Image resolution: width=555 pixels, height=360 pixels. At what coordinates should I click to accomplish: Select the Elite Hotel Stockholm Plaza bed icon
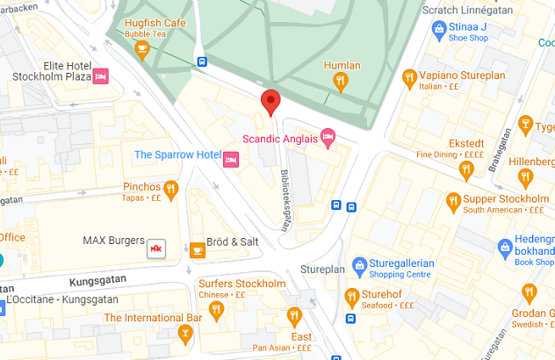pos(101,77)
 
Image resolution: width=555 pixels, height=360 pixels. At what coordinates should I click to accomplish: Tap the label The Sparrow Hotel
pos(177,155)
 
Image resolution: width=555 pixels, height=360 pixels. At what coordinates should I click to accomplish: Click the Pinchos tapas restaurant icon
pos(171,188)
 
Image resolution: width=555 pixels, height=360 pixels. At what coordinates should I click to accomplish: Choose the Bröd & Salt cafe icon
pos(198,249)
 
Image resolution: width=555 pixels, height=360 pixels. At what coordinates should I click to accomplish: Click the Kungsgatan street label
pos(97,280)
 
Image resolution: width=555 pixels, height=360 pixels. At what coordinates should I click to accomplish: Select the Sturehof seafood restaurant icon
pos(351,295)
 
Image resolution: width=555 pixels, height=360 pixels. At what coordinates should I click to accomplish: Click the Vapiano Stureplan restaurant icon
pos(408,76)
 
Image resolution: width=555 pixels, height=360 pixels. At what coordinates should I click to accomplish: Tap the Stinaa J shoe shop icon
pos(438,31)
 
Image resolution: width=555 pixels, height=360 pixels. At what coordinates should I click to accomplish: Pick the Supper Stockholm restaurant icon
pos(453,199)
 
